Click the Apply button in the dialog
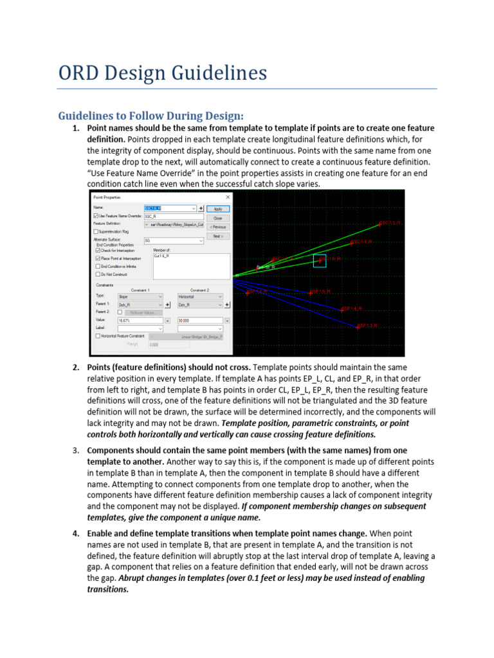(218, 209)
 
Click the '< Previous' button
(218, 227)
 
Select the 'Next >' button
(218, 236)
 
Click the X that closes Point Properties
(228, 197)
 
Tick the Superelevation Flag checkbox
(96, 231)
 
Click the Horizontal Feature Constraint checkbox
(96, 335)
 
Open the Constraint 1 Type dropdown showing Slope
(140, 297)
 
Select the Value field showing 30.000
(199, 320)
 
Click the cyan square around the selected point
(320, 260)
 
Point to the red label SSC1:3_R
(390, 223)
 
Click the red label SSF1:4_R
(352, 308)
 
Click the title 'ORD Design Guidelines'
(162, 73)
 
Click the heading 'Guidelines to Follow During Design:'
(151, 116)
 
